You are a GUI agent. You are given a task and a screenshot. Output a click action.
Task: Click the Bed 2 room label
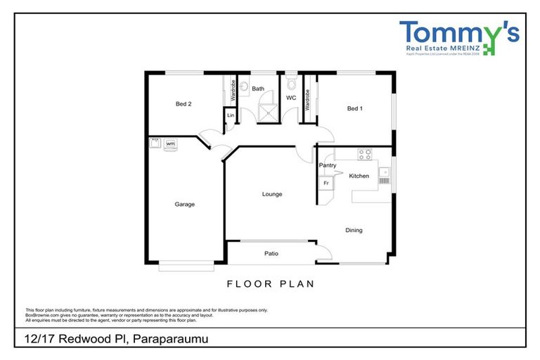point(184,104)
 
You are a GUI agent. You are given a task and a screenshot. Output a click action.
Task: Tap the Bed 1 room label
point(355,108)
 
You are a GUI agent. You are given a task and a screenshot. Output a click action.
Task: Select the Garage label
point(184,205)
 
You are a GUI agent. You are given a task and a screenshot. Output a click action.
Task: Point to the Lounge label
point(272,194)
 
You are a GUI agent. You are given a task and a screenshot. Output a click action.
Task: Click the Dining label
point(354,230)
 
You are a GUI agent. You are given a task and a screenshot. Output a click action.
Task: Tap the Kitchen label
point(359,176)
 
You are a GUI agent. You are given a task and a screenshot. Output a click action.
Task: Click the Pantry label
point(327,165)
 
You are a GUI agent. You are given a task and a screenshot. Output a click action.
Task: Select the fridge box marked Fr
point(326,183)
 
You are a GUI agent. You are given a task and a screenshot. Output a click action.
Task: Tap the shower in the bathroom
point(265,111)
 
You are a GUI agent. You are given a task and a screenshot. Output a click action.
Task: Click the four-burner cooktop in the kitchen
point(364,153)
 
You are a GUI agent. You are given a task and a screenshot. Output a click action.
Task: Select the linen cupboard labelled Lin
point(230,115)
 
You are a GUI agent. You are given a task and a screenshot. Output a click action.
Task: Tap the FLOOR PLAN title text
point(270,284)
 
